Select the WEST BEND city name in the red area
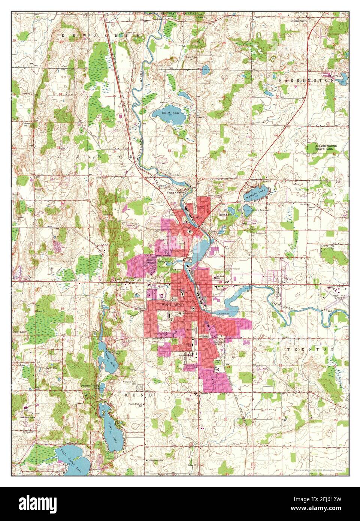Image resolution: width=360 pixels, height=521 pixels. pos(172,305)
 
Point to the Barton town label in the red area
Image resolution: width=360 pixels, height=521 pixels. pos(199,217)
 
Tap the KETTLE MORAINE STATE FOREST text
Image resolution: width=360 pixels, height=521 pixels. pos(164,13)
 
